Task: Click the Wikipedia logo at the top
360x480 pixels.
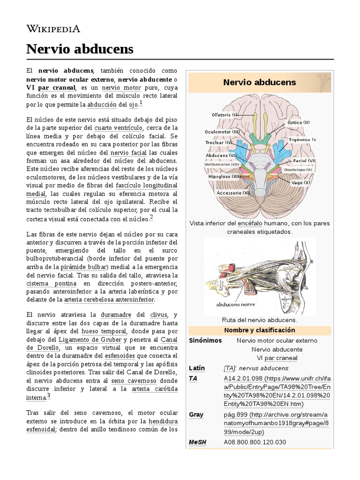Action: coord(53,29)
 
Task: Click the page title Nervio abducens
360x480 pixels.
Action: coord(80,49)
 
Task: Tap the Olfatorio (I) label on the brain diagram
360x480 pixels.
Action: coord(225,114)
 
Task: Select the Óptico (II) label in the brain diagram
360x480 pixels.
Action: coord(298,122)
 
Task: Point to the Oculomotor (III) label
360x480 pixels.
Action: coord(222,132)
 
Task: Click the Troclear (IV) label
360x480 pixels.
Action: coord(218,142)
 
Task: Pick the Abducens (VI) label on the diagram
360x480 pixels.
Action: coord(220,155)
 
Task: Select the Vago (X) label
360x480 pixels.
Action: coord(300,182)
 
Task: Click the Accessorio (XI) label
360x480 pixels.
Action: coord(233,193)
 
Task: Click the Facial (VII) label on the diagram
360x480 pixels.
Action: coord(304,161)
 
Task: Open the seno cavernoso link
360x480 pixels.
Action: coord(131,382)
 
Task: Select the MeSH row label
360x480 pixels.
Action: coord(197,442)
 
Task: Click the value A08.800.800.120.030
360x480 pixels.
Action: coord(261,442)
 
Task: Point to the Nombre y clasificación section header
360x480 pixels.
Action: coord(259,330)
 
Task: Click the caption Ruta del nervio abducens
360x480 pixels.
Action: coord(260,320)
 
